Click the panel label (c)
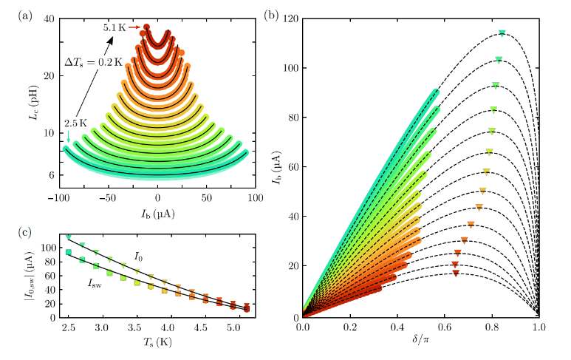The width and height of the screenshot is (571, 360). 25,231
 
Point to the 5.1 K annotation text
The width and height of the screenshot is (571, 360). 114,27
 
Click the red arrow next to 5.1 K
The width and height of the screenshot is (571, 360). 134,27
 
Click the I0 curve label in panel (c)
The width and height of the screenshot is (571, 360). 138,257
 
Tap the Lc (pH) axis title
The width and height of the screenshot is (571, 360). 30,101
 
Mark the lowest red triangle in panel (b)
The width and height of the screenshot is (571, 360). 456,274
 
